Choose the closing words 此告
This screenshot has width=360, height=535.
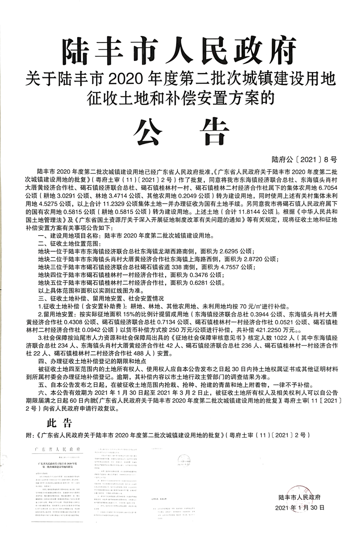[x=59, y=424]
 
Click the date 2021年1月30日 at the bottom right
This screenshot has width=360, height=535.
[x=300, y=507]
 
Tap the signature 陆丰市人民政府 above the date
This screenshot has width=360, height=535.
[x=299, y=497]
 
